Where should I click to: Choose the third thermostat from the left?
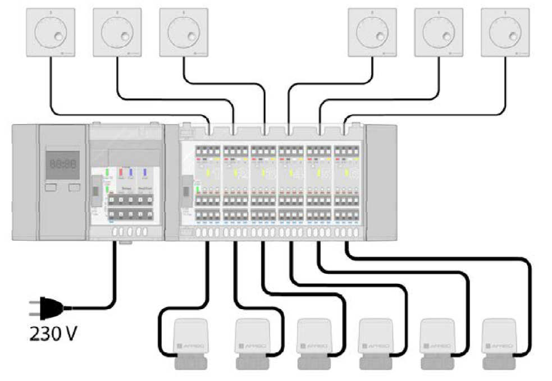(x=184, y=33)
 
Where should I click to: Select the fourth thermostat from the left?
(x=372, y=33)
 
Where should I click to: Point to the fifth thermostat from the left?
(x=439, y=33)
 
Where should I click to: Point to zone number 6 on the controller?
(x=354, y=173)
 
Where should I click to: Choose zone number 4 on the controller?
(x=298, y=173)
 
